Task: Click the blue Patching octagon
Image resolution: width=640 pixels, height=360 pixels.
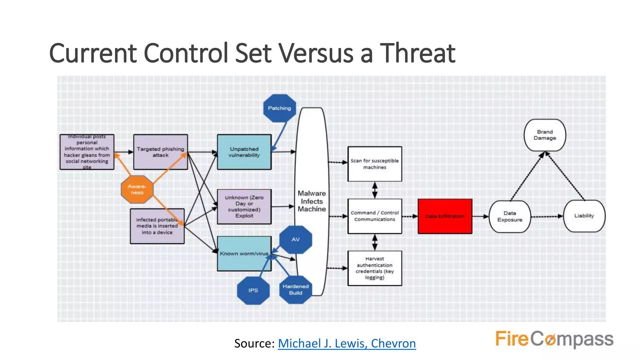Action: [x=279, y=108]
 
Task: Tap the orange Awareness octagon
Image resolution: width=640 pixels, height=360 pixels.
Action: [x=137, y=189]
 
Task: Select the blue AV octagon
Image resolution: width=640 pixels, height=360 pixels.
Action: [x=296, y=239]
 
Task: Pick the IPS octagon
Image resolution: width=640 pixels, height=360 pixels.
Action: [x=253, y=290]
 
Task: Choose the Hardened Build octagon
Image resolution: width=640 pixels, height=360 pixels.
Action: [x=295, y=290]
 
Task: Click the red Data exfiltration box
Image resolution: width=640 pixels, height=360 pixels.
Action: [x=445, y=216]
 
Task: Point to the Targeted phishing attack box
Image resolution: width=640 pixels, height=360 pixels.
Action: [x=160, y=152]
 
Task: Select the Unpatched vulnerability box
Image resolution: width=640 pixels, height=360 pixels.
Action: [x=244, y=152]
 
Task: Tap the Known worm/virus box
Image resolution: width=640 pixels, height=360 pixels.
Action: [x=244, y=253]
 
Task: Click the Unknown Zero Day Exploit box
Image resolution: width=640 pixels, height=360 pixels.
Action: [x=244, y=207]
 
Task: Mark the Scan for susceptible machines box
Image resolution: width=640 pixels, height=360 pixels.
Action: [x=375, y=164]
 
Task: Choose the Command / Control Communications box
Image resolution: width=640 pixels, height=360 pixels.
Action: [x=375, y=216]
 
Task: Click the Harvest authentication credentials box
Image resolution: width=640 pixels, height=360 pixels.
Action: [x=375, y=268]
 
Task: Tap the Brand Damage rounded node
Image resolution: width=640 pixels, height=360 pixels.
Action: [x=545, y=135]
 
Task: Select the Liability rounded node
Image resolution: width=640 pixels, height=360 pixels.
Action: [x=584, y=216]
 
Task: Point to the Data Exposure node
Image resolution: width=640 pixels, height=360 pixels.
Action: [x=510, y=217]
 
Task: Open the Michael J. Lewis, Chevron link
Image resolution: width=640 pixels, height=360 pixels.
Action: [x=347, y=343]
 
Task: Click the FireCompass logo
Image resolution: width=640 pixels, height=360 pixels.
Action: [x=554, y=339]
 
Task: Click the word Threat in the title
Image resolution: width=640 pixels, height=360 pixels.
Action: [x=417, y=53]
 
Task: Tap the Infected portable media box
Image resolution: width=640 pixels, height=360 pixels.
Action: [x=157, y=226]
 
